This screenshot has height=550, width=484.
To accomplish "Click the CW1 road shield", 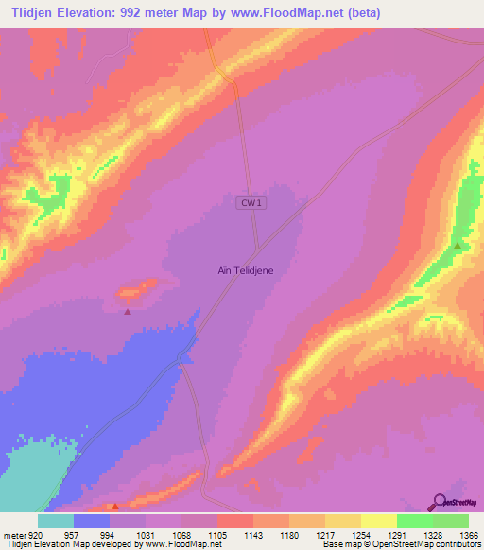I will coord(249,202).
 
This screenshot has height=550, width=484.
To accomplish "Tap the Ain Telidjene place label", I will coord(246,270).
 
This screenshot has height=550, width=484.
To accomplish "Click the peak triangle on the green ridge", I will coord(458,246).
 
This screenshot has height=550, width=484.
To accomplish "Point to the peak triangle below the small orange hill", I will coord(128,310).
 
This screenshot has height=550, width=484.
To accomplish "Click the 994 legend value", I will coord(109,533).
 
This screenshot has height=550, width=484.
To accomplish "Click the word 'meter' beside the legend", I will coord(12,533).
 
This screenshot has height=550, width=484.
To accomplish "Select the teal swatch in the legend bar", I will coord(55,521).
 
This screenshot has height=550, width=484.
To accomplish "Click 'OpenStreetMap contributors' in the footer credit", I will coord(421,544).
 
